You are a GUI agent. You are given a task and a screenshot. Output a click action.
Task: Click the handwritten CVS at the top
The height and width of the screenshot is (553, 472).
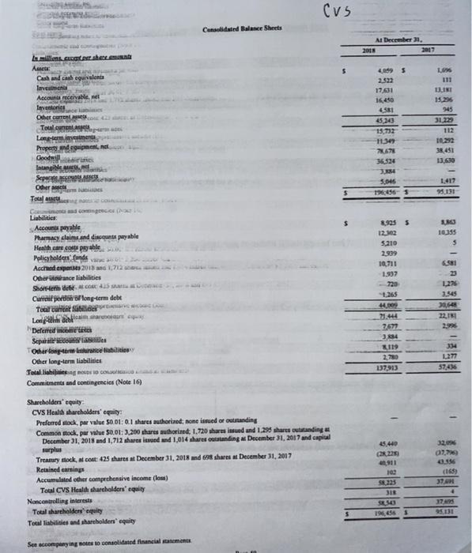(x=338, y=10)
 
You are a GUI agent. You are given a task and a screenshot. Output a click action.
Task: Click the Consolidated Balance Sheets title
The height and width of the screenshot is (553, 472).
(x=235, y=30)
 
